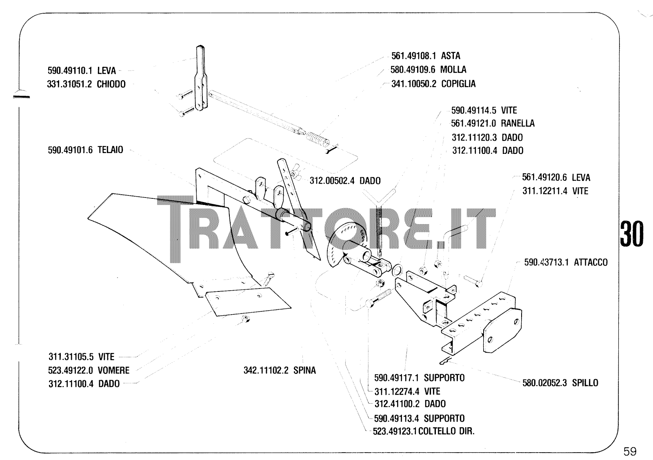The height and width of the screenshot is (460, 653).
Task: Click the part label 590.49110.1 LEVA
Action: click(82, 71)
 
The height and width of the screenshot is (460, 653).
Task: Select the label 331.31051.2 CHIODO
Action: click(87, 84)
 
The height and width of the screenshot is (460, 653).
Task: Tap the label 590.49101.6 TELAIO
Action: click(85, 150)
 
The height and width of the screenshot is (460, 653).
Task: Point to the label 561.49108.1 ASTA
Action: click(426, 56)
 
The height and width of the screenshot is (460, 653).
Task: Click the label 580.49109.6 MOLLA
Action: click(428, 69)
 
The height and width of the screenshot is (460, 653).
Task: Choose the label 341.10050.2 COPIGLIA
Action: click(433, 84)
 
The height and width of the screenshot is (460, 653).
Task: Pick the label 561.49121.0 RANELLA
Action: click(493, 123)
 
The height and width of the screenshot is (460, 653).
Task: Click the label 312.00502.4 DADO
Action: click(345, 180)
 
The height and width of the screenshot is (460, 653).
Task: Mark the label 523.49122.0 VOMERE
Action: click(89, 371)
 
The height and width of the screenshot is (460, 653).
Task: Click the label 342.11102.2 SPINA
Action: click(280, 371)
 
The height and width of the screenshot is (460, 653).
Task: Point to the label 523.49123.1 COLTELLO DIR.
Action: click(424, 431)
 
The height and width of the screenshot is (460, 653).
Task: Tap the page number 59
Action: click(630, 451)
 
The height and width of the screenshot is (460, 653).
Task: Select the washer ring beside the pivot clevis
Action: click(397, 269)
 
